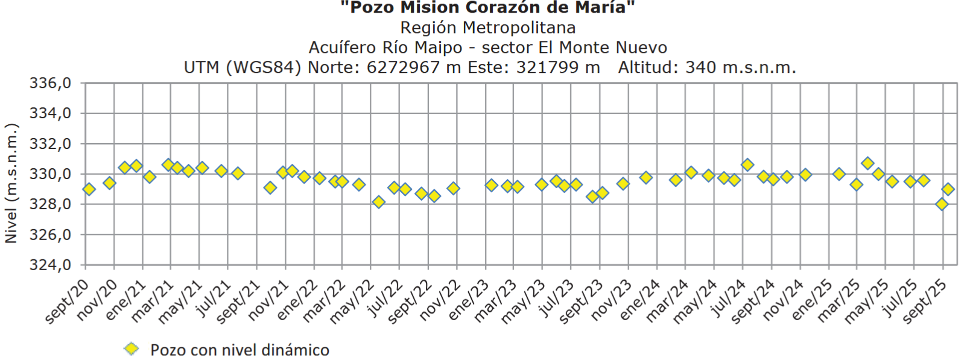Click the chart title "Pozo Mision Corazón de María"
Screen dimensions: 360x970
[487, 8]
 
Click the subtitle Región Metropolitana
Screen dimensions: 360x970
[487, 28]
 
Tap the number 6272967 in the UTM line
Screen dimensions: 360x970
[403, 68]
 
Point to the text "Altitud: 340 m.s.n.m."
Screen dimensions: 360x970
[706, 68]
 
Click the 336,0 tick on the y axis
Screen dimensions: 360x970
[50, 83]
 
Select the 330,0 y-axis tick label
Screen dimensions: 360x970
[50, 174]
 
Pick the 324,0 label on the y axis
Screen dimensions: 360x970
[50, 265]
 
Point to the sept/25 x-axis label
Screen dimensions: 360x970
[925, 301]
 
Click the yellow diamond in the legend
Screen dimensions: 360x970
[131, 349]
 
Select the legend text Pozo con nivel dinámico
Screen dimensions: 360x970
[239, 350]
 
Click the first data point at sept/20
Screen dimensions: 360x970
[89, 189]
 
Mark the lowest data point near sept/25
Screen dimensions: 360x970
[942, 204]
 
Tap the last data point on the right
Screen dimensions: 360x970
[948, 189]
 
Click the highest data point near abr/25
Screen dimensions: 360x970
[867, 163]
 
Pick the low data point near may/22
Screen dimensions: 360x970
[378, 202]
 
